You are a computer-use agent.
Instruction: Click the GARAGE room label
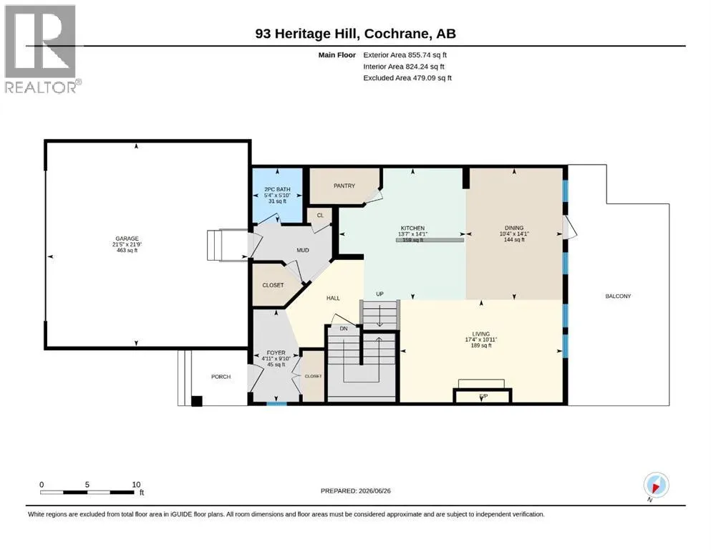tap(127, 238)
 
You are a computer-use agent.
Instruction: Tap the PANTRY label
tap(344, 186)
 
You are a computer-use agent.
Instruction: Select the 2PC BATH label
tap(277, 190)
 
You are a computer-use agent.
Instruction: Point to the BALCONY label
tap(618, 296)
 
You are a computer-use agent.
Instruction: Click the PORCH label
tap(221, 377)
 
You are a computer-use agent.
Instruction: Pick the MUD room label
tap(302, 250)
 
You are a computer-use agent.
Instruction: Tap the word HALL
tap(333, 299)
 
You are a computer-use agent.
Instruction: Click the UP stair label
tap(379, 294)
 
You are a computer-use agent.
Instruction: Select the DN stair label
tap(343, 329)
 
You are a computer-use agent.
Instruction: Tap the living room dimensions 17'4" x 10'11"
tap(481, 339)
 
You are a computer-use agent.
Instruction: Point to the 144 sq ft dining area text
tap(514, 239)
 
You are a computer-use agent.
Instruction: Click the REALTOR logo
tap(42, 49)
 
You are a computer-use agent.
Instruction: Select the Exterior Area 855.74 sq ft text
tap(405, 55)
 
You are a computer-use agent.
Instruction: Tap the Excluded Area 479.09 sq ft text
tap(407, 78)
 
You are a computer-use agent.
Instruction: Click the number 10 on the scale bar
tap(136, 485)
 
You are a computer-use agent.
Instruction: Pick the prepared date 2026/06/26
tap(374, 491)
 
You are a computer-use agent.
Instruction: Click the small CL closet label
tap(320, 216)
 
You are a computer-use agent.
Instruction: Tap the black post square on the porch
tap(196, 401)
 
